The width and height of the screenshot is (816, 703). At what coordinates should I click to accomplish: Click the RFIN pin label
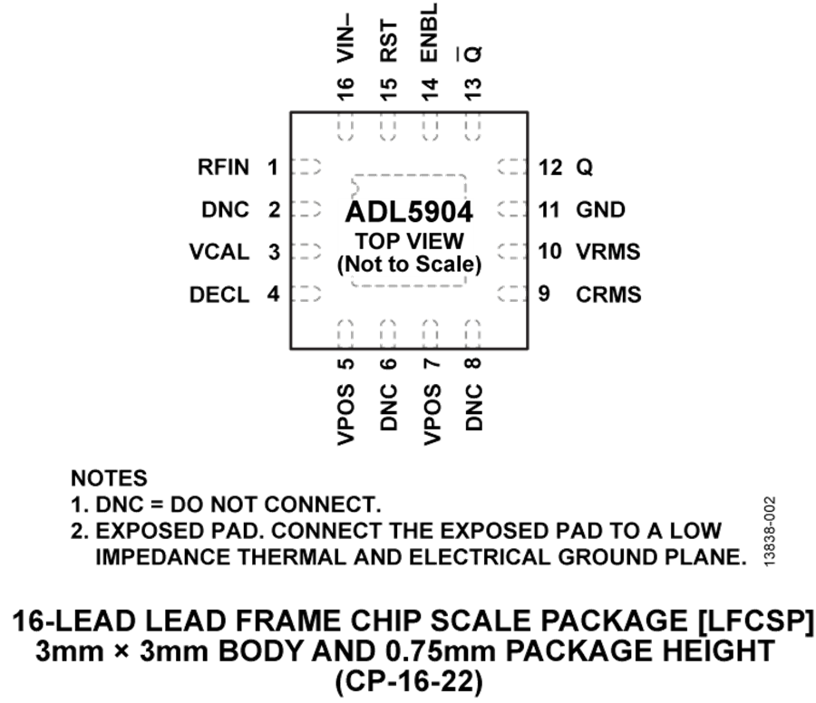click(223, 168)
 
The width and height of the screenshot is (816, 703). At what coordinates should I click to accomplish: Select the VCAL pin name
click(219, 252)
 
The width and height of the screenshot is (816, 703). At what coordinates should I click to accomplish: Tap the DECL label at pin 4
click(219, 294)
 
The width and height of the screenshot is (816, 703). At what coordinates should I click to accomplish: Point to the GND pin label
click(600, 210)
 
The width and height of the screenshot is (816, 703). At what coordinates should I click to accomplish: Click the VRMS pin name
click(607, 252)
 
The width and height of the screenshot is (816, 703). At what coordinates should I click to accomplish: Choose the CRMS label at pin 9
click(608, 294)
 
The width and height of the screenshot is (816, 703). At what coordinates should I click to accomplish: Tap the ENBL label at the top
click(430, 33)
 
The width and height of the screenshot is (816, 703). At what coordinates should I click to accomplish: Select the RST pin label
click(388, 42)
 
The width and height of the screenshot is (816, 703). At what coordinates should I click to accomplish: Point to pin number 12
click(550, 168)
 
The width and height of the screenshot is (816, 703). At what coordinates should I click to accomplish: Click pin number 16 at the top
click(345, 88)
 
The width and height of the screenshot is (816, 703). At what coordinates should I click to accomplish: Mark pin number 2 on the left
click(274, 210)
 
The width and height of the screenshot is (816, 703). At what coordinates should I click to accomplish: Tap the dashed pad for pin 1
click(306, 167)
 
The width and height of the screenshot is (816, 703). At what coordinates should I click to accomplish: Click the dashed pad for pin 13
click(472, 126)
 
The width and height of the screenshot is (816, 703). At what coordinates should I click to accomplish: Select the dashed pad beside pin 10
click(512, 252)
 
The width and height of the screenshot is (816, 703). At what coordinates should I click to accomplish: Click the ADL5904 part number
click(409, 212)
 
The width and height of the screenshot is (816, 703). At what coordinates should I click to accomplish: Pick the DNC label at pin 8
click(473, 407)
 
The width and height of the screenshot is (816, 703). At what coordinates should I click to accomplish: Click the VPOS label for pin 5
click(345, 414)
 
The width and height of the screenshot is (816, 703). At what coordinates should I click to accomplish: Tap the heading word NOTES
click(109, 478)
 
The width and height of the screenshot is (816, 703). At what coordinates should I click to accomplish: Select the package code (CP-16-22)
click(409, 681)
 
